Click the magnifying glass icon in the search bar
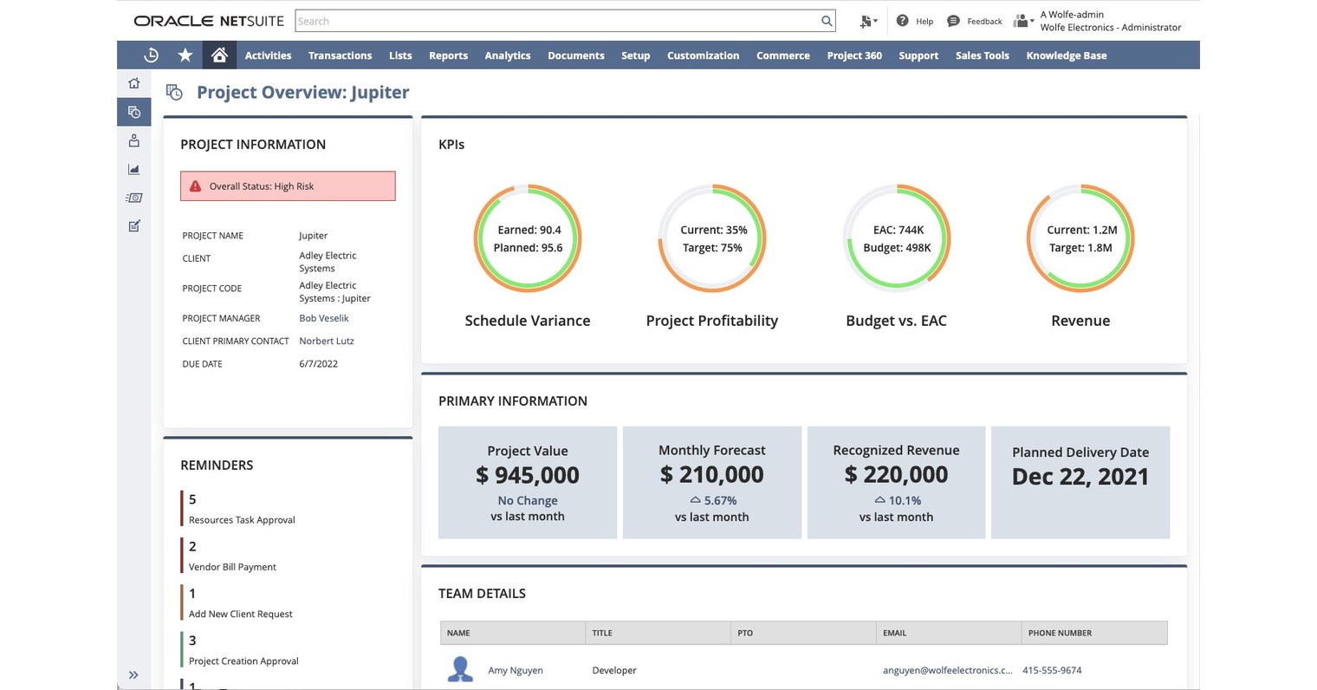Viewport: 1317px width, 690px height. pyautogui.click(x=827, y=21)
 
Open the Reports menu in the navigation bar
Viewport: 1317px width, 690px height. pyautogui.click(x=448, y=55)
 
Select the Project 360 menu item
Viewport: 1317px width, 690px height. pyautogui.click(x=853, y=55)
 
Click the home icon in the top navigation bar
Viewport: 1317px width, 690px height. pyautogui.click(x=219, y=55)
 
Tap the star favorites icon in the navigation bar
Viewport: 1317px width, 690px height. pyautogui.click(x=185, y=55)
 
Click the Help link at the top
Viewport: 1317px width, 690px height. pyautogui.click(x=924, y=21)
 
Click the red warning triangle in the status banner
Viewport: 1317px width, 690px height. pyautogui.click(x=196, y=186)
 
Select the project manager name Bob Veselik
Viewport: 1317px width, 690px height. pyautogui.click(x=323, y=318)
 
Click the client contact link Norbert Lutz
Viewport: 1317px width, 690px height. pyautogui.click(x=326, y=341)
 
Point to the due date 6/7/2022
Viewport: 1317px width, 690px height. pyautogui.click(x=318, y=364)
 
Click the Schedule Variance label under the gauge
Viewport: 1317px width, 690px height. pyautogui.click(x=527, y=321)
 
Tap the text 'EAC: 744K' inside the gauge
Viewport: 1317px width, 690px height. pyautogui.click(x=897, y=230)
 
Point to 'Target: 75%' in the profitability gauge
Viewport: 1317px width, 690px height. pyautogui.click(x=711, y=248)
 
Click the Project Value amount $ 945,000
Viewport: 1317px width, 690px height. pyautogui.click(x=527, y=475)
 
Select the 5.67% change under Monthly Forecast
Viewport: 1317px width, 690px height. pyautogui.click(x=719, y=500)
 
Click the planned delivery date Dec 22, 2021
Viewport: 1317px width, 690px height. pyautogui.click(x=1080, y=477)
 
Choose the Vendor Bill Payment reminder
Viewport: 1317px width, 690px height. pyautogui.click(x=232, y=567)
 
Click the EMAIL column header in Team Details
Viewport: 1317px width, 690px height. pyautogui.click(x=894, y=633)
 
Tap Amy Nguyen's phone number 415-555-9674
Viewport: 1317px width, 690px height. pyautogui.click(x=1051, y=670)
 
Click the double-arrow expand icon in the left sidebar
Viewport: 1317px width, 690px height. pyautogui.click(x=133, y=674)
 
